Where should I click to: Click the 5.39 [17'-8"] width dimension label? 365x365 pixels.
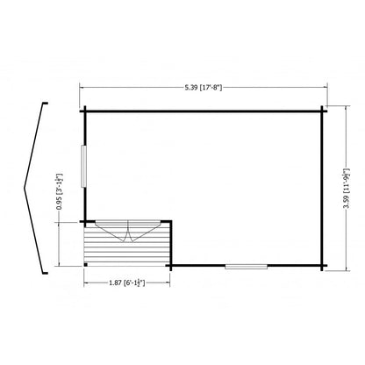tap(204, 88)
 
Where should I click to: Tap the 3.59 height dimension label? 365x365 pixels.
tap(347, 189)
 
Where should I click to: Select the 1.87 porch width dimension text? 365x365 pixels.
tap(127, 283)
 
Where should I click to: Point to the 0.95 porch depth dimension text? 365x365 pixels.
tap(60, 191)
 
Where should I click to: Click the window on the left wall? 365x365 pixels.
tap(84, 166)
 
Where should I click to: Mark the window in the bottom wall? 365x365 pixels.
tap(247, 267)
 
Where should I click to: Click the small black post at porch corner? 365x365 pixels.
tap(86, 265)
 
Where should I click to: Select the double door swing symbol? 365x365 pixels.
tap(128, 231)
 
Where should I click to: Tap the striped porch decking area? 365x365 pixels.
tap(126, 244)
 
